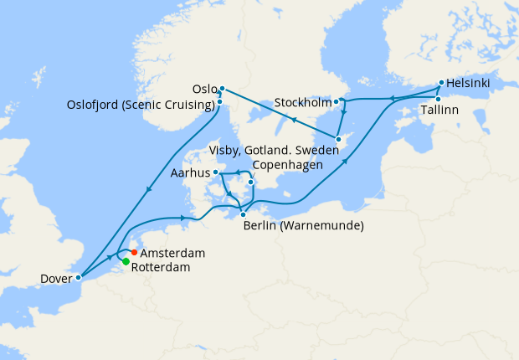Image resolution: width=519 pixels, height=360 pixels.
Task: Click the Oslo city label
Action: (x=204, y=89)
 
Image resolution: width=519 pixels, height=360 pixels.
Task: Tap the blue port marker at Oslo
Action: (x=222, y=89)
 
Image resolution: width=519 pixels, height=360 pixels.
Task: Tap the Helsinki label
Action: (x=469, y=84)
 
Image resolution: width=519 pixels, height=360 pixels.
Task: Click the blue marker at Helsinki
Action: (x=441, y=84)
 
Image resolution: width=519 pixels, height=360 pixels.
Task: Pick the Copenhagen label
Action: (x=287, y=165)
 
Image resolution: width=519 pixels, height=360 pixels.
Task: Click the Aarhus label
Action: (x=190, y=173)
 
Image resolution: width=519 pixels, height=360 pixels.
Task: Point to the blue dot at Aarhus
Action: (x=216, y=172)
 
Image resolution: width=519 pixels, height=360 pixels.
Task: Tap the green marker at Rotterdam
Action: (x=126, y=262)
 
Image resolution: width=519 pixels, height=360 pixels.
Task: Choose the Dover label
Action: (x=55, y=278)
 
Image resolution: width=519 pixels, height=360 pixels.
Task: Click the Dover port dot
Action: (x=78, y=277)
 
